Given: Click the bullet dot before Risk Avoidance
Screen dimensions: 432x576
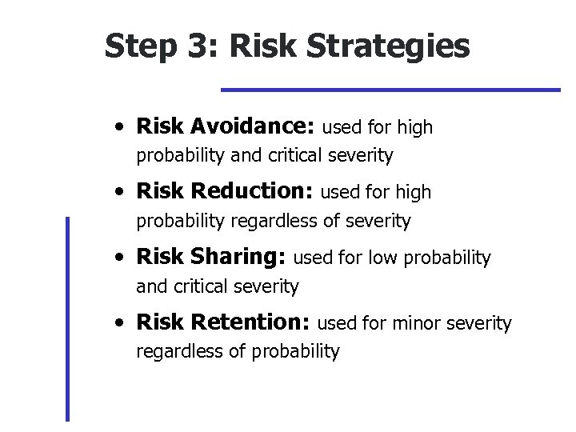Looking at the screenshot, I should point(118,128).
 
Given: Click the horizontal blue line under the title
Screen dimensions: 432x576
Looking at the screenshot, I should point(390,90).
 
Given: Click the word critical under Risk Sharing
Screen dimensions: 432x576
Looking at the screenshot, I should point(198,286).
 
